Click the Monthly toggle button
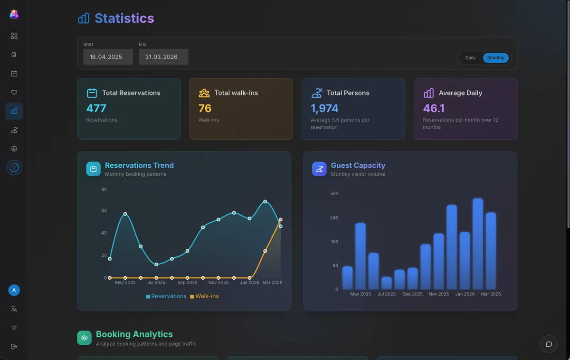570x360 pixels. pyautogui.click(x=495, y=58)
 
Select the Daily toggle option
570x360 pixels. pyautogui.click(x=470, y=58)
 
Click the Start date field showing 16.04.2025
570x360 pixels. pyautogui.click(x=108, y=57)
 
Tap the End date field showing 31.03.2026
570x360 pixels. pyautogui.click(x=163, y=57)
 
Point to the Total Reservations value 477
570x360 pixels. pyautogui.click(x=96, y=108)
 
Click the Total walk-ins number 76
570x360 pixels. pyautogui.click(x=205, y=108)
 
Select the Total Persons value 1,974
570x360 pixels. pyautogui.click(x=324, y=108)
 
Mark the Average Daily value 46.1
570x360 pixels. pyautogui.click(x=434, y=108)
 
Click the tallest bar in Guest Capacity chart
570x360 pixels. pyautogui.click(x=478, y=244)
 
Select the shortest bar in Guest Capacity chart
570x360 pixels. pyautogui.click(x=387, y=283)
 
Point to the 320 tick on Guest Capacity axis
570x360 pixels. pyautogui.click(x=334, y=194)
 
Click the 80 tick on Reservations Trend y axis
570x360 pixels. pyautogui.click(x=104, y=189)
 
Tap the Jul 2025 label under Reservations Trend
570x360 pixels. pyautogui.click(x=156, y=283)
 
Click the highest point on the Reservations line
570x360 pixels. pyautogui.click(x=265, y=202)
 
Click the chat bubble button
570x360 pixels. pyautogui.click(x=549, y=344)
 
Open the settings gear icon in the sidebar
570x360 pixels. pyautogui.click(x=14, y=149)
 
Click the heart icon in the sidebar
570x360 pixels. pyautogui.click(x=14, y=93)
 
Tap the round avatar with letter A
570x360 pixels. pyautogui.click(x=14, y=290)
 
